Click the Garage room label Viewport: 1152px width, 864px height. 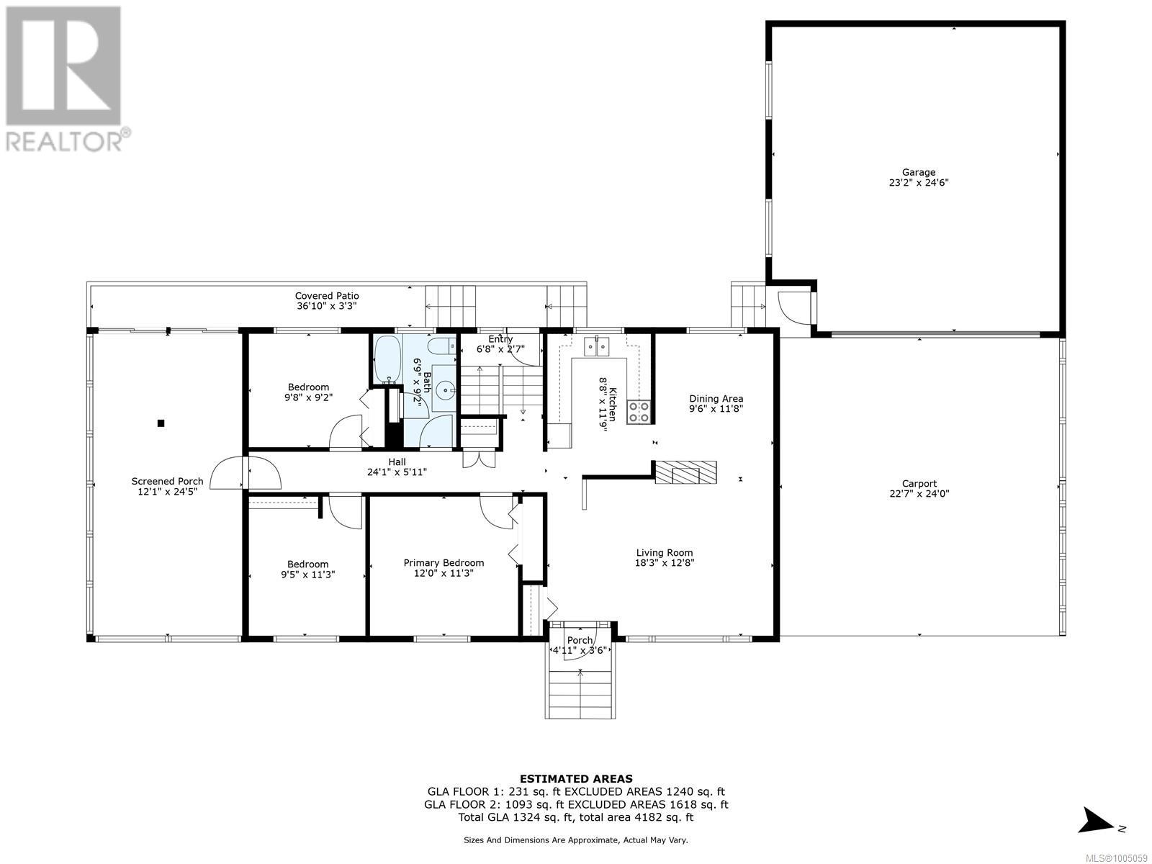[919, 172]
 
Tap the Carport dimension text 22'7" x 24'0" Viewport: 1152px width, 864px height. [919, 494]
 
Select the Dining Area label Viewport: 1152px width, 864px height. [716, 398]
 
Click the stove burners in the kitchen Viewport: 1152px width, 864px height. [639, 411]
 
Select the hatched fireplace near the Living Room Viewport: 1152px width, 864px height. [685, 472]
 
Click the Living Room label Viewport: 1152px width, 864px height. [664, 553]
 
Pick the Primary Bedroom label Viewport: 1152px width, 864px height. [444, 563]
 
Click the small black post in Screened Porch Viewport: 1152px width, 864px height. [161, 423]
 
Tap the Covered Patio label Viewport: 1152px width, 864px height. [327, 296]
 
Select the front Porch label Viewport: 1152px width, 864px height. [580, 640]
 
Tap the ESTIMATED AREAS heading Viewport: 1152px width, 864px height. [576, 778]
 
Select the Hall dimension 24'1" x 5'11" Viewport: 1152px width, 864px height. [397, 472]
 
